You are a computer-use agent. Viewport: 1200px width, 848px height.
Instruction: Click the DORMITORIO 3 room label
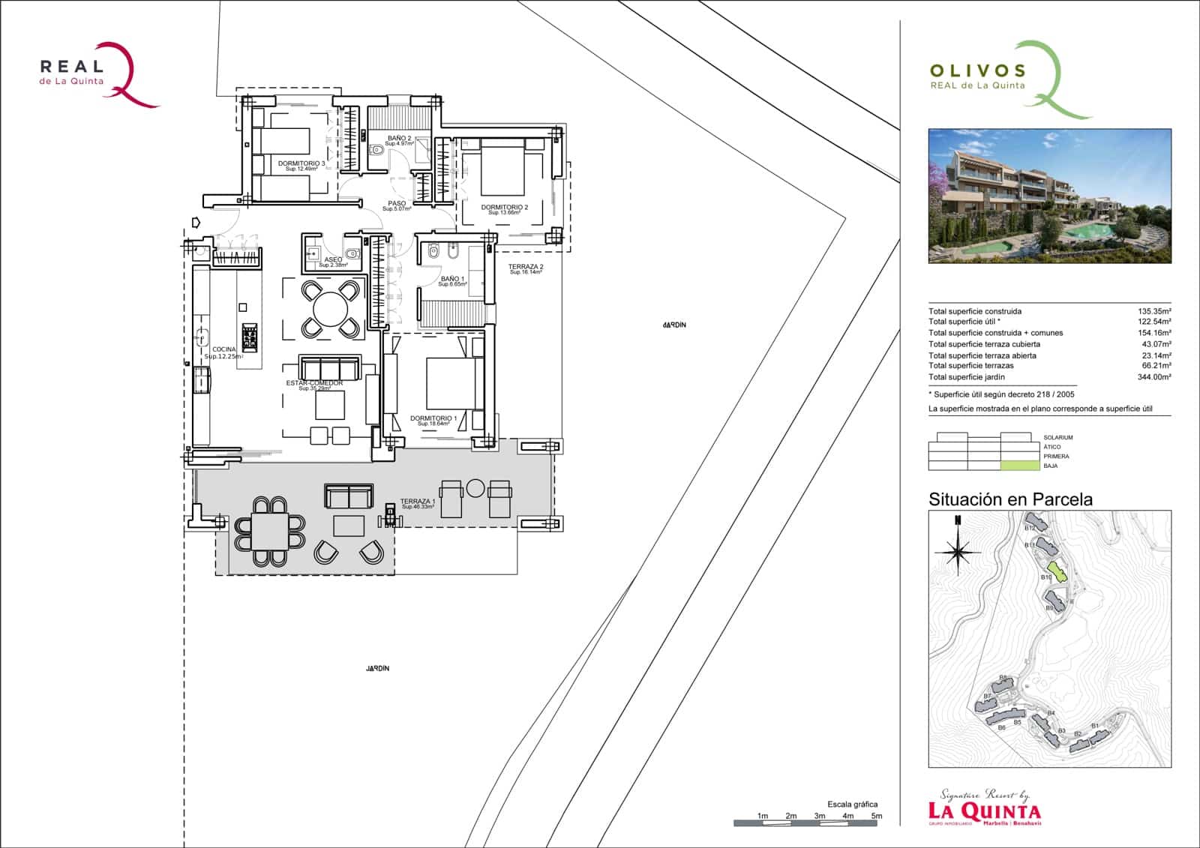pos(301,163)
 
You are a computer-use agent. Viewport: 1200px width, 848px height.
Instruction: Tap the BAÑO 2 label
pos(398,139)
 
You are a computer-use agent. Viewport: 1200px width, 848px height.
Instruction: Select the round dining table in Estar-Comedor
pos(330,307)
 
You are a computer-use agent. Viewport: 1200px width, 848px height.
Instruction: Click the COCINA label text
pos(223,350)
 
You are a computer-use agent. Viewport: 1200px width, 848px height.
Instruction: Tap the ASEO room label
pos(333,260)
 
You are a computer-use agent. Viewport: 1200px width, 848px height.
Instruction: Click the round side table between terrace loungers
pos(475,488)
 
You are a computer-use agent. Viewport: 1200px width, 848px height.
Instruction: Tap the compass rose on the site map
pos(957,553)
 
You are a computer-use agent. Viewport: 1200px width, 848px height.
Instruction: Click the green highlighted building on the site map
pos(1057,572)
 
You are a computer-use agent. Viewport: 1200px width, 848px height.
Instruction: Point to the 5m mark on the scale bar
pos(876,816)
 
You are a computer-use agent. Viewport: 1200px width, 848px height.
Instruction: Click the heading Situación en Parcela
pos(1010,499)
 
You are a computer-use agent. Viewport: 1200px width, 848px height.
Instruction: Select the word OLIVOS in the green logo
pos(977,71)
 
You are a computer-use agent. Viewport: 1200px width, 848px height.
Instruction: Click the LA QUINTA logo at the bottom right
pos(984,810)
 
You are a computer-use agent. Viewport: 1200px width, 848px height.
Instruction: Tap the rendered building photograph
pos(1049,196)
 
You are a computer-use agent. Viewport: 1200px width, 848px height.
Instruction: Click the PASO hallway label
pos(397,204)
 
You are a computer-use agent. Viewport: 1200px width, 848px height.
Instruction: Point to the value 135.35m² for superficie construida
pos(1154,311)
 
